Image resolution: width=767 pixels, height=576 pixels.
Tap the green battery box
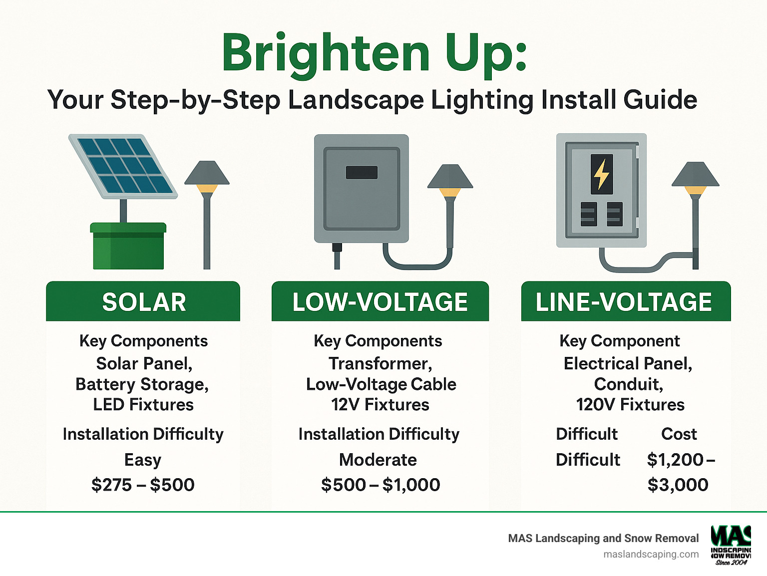tap(128, 247)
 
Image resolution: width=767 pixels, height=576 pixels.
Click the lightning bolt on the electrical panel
tap(601, 174)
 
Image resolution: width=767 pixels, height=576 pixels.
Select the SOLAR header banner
tap(143, 302)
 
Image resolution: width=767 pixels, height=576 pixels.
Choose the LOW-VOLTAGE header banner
tap(380, 302)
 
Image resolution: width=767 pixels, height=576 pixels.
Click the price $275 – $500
tap(143, 485)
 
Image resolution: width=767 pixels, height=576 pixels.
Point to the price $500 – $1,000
tap(381, 485)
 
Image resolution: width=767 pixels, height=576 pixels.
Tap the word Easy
tap(143, 460)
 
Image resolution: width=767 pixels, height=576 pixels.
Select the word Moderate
tap(378, 460)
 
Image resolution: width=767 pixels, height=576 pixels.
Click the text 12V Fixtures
tap(380, 405)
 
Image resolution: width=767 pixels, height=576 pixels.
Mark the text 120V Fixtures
tap(630, 405)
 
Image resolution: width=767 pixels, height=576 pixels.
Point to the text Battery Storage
tap(142, 384)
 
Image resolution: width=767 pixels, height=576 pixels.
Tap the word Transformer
tap(380, 363)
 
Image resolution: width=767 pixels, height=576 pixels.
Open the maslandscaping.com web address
tap(651, 554)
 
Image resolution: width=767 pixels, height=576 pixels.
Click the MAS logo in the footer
tap(731, 545)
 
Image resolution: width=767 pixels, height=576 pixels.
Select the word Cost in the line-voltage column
tap(679, 434)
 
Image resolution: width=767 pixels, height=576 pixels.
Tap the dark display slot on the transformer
tap(362, 172)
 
